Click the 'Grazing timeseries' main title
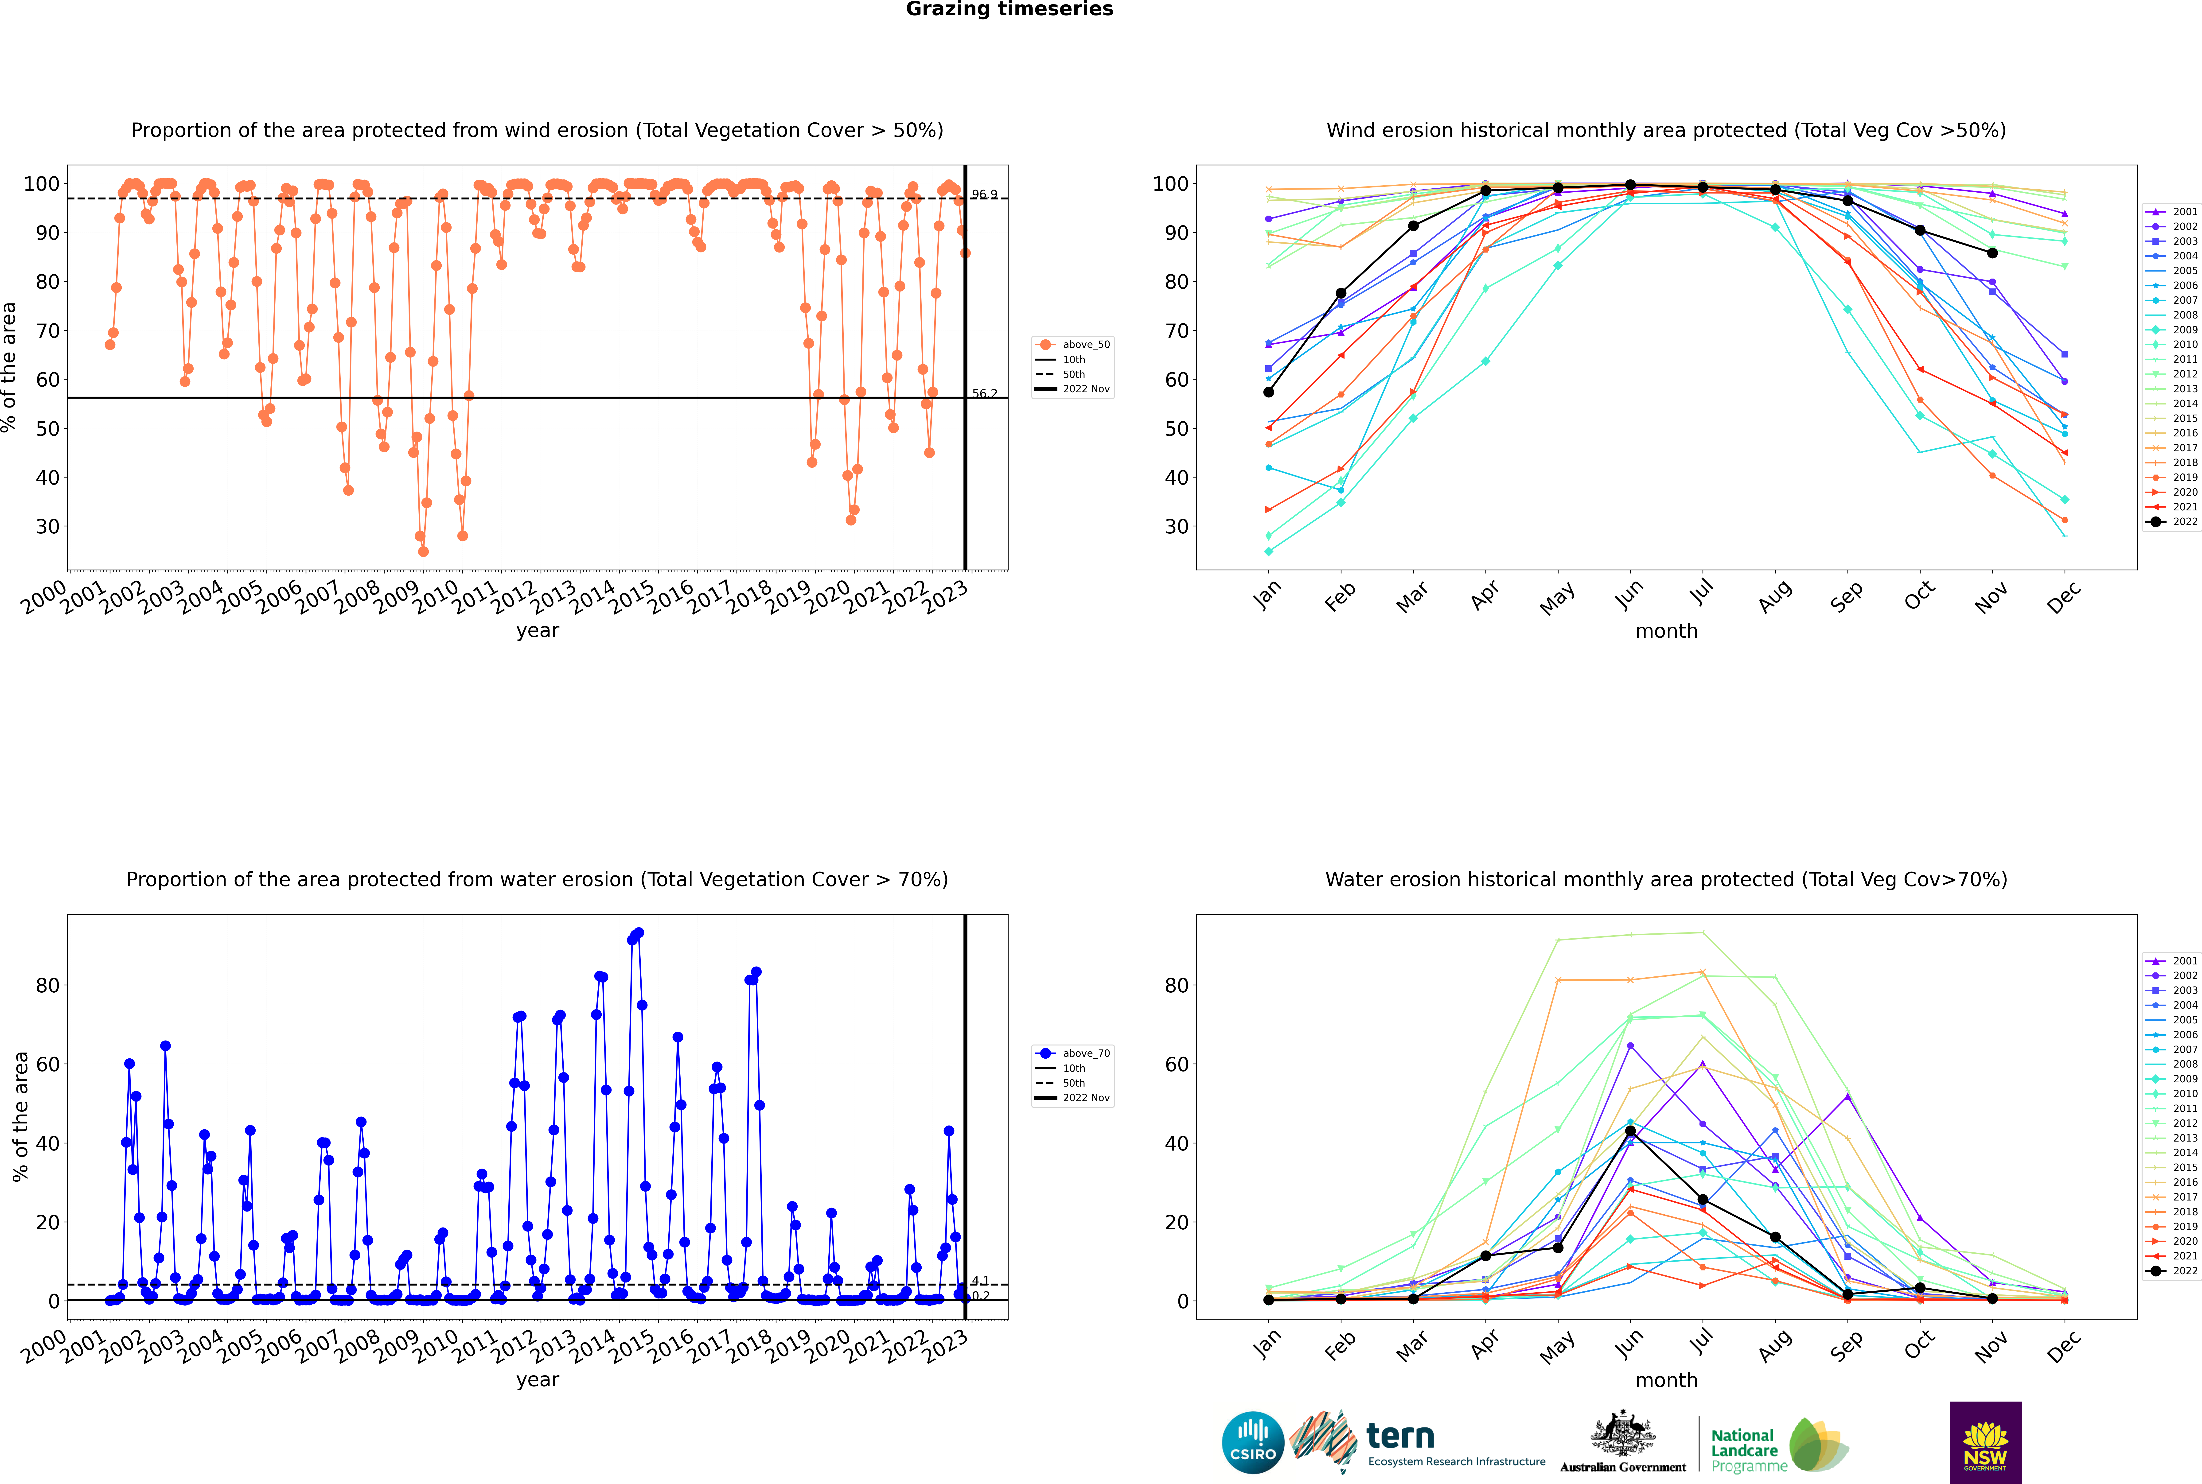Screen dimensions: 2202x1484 1009,9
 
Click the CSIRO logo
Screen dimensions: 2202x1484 1252,1442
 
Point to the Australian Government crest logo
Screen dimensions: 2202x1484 1623,1442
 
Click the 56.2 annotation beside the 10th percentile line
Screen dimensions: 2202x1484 984,394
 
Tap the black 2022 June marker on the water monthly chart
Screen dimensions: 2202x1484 1630,1131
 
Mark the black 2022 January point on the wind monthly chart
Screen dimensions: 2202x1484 1269,392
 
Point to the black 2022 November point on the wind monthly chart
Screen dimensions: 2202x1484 1992,253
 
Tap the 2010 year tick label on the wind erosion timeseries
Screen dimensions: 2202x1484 436,597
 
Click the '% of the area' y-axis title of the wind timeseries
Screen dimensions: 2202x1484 9,367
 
